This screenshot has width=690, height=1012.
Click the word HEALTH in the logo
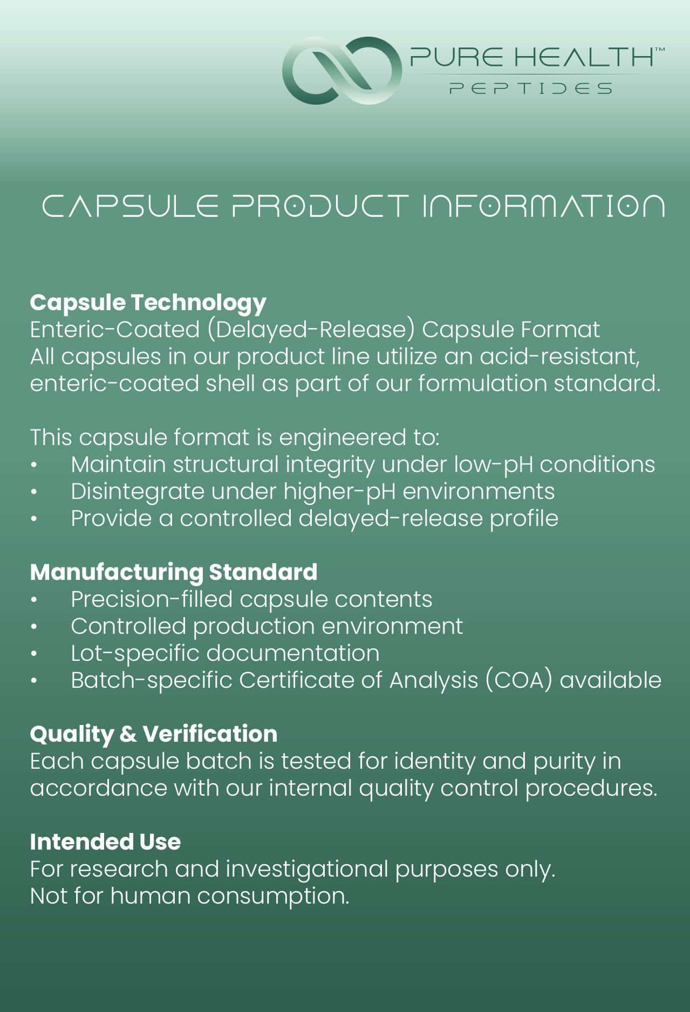point(590,57)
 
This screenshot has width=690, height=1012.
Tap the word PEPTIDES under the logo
point(531,88)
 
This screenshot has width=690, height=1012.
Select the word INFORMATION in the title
point(543,206)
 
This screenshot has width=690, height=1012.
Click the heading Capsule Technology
point(148,303)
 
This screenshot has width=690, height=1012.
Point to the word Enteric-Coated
point(115,330)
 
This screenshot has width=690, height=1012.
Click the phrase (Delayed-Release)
point(311,330)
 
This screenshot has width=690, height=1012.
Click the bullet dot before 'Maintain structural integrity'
point(34,465)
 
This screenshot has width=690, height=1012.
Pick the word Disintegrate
point(138,492)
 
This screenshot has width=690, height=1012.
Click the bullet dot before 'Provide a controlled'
point(34,519)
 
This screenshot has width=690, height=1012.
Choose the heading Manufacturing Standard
point(174,572)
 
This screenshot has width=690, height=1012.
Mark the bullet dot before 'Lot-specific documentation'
point(34,654)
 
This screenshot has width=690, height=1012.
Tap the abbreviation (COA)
point(519,681)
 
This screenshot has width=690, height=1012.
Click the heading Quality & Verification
point(154,734)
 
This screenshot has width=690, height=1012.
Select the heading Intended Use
point(105,842)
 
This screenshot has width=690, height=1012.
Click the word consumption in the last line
point(273,897)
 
